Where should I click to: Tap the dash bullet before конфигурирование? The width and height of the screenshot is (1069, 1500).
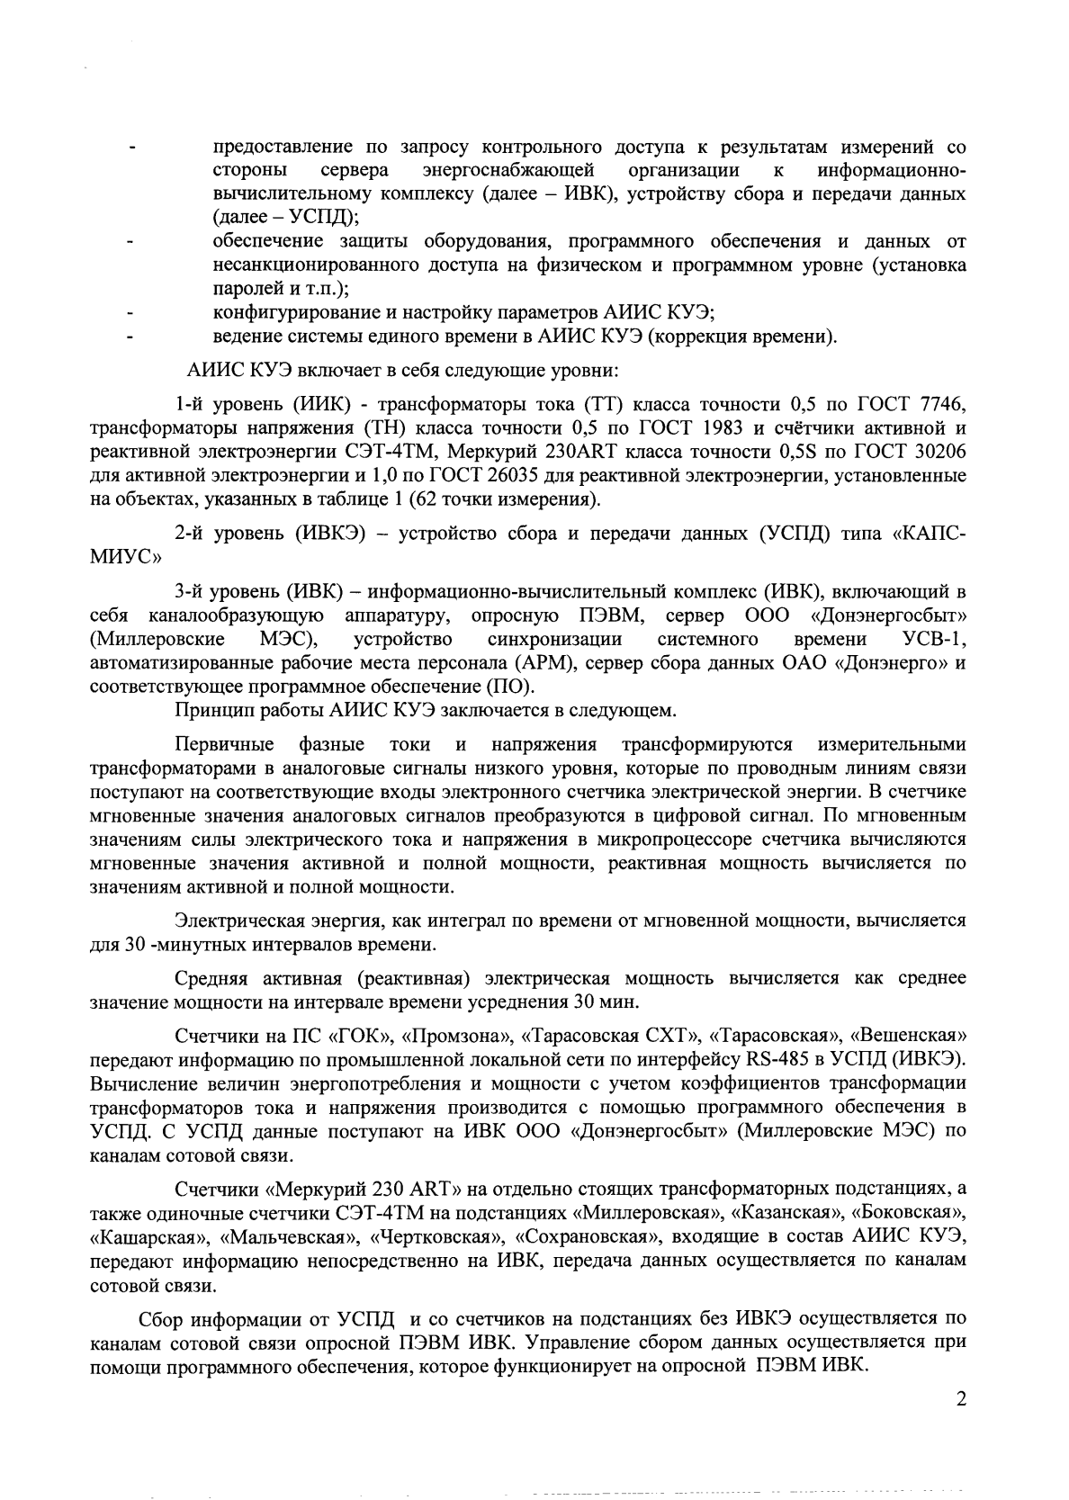132,315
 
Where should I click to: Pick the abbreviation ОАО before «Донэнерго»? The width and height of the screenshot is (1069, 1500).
762,663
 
